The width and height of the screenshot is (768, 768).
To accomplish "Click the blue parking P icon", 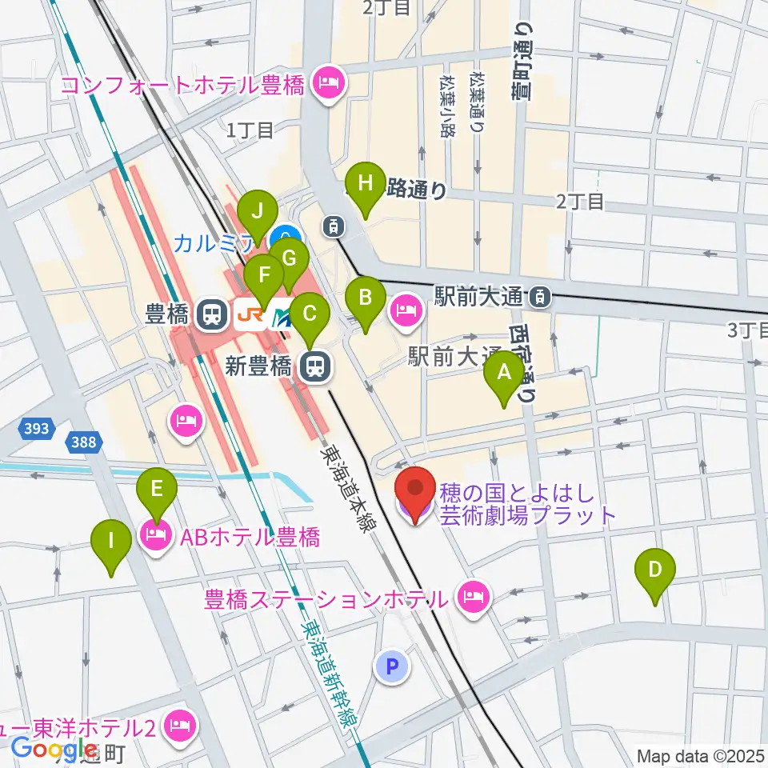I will tap(392, 666).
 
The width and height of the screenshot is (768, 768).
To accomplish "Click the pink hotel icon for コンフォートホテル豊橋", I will tap(327, 83).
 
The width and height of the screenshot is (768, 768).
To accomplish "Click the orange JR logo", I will tap(250, 314).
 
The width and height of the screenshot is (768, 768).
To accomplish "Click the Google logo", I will tap(54, 748).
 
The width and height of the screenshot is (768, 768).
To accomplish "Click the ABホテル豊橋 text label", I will tap(250, 537).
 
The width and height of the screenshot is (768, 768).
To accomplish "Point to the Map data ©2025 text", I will tap(700, 754).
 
